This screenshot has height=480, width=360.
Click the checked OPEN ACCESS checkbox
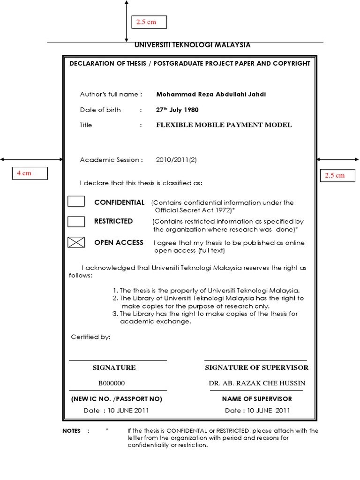(x=76, y=242)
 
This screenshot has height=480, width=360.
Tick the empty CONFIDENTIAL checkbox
(x=76, y=202)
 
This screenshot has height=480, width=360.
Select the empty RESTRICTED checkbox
(x=76, y=221)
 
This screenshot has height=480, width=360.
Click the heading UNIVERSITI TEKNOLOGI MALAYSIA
(x=192, y=45)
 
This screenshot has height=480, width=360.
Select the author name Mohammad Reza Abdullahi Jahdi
(x=211, y=94)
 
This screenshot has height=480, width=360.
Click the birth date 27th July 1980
(x=177, y=110)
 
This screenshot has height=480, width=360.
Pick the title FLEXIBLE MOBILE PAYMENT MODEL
(x=224, y=125)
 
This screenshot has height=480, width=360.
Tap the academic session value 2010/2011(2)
(x=176, y=160)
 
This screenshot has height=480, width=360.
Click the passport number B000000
(x=111, y=383)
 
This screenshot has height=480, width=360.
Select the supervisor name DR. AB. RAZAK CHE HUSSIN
(x=257, y=383)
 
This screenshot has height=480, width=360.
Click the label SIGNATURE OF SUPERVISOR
(x=256, y=367)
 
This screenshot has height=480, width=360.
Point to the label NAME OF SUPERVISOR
(x=257, y=399)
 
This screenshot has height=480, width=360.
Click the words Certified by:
(x=90, y=337)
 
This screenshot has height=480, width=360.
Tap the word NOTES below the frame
(x=71, y=431)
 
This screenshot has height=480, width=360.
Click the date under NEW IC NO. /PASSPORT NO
(x=116, y=411)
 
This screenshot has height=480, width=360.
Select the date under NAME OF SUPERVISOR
(x=257, y=411)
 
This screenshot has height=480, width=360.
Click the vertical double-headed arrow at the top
(x=126, y=21)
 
